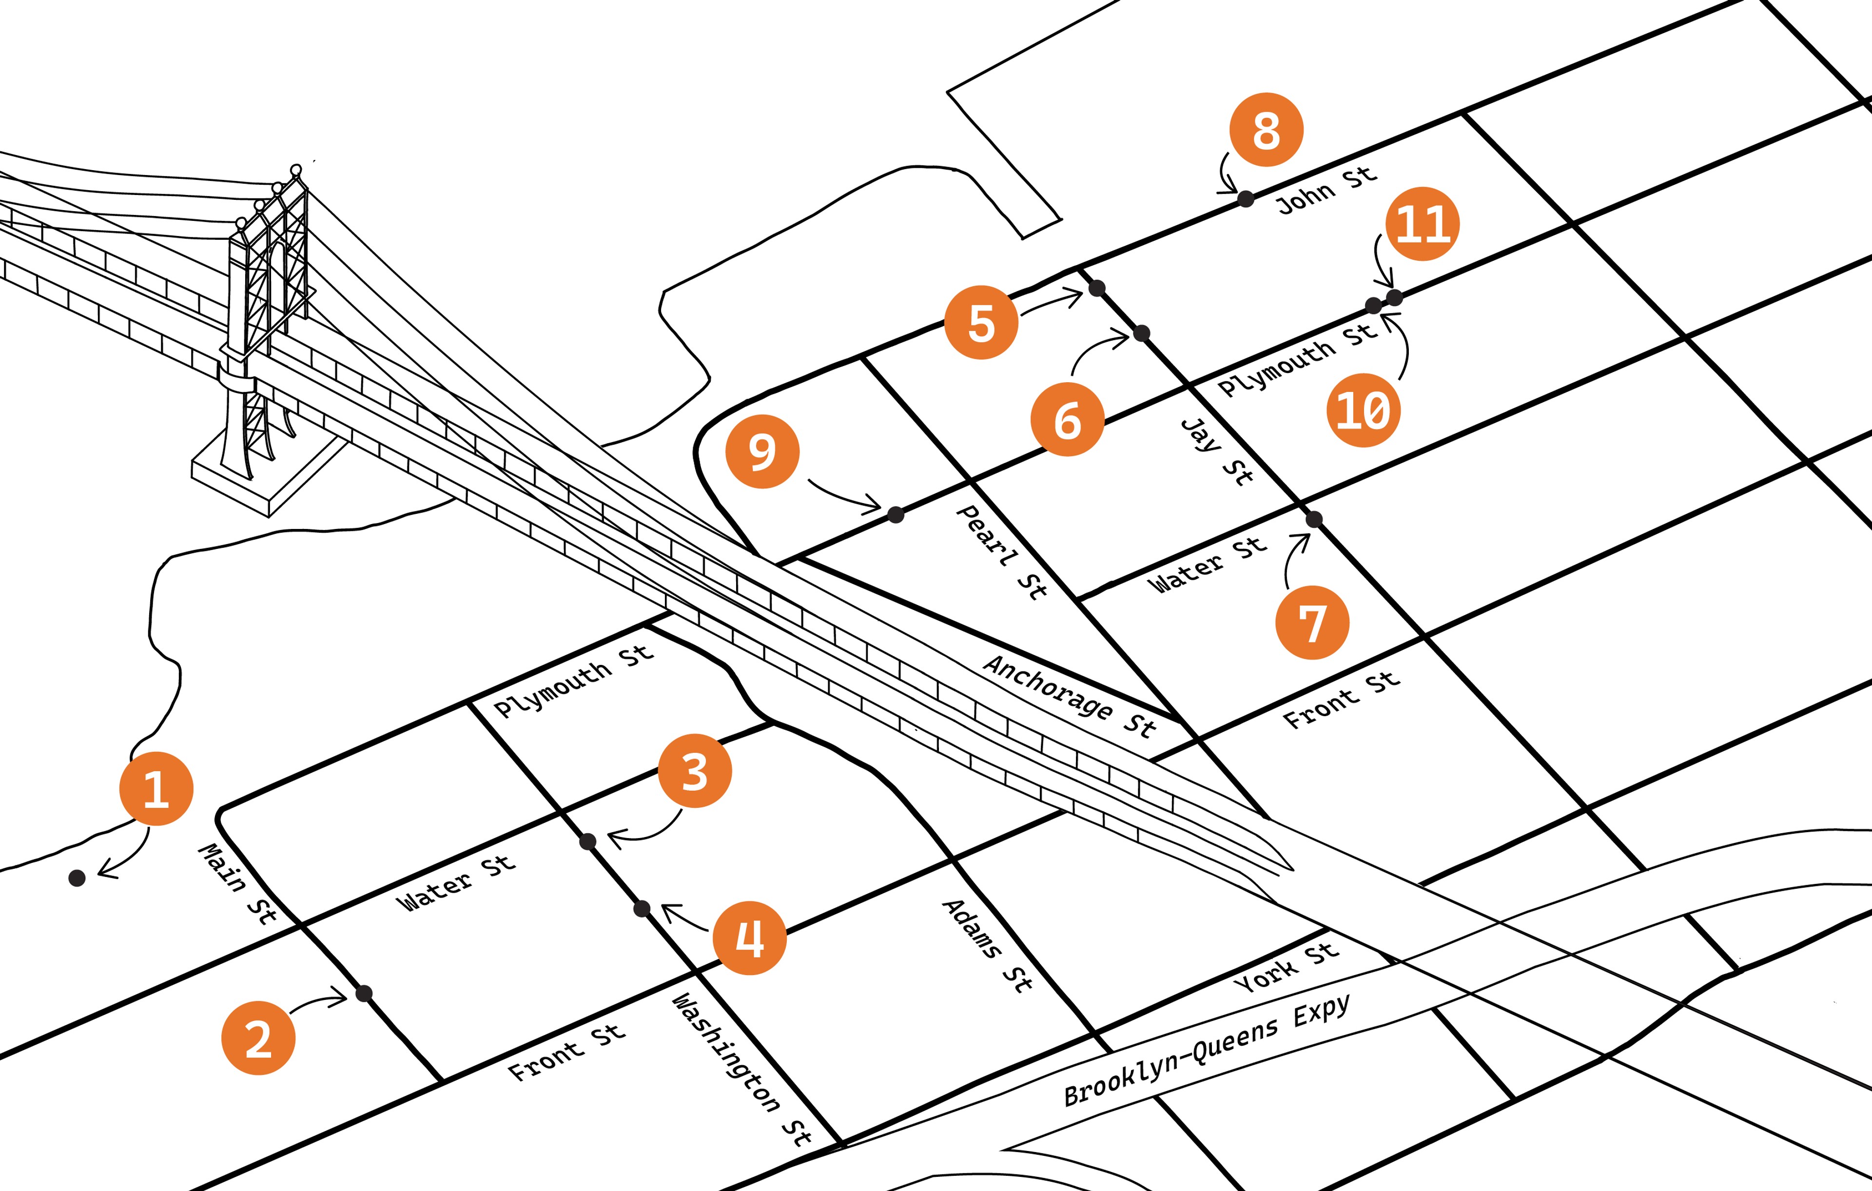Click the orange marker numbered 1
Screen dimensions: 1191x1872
coord(156,788)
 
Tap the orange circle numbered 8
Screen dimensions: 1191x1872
coord(1266,130)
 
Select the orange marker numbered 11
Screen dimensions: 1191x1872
coord(1422,224)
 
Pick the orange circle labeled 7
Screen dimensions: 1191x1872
coord(1312,623)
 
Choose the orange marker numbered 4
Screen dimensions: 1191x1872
coord(749,937)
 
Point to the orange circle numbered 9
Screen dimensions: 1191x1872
coord(762,451)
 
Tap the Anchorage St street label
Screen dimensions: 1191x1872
coord(1069,696)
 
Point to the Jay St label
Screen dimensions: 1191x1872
coord(1217,451)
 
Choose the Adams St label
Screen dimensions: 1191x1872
coord(987,945)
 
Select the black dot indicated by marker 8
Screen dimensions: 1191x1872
coord(1246,199)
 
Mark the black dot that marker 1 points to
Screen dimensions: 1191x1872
coord(77,878)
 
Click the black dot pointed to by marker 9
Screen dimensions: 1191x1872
coord(896,514)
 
